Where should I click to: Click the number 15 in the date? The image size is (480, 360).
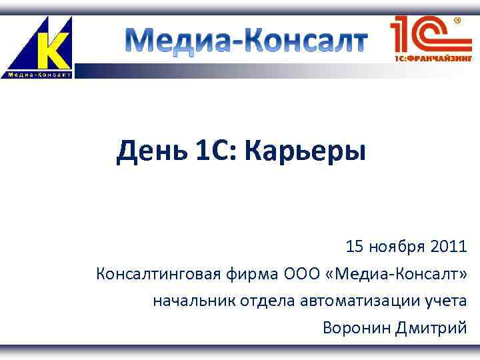click(x=354, y=247)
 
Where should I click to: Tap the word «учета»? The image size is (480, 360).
click(x=446, y=301)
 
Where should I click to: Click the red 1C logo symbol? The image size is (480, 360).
click(x=423, y=33)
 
